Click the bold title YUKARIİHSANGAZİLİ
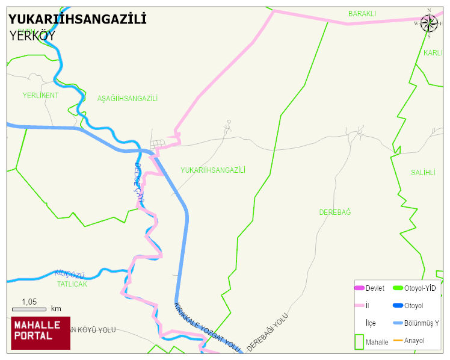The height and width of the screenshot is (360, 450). [x=78, y=20]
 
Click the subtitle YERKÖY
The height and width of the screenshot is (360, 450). [x=32, y=36]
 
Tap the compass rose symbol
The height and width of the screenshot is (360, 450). [x=429, y=23]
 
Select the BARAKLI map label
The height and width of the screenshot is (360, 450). [x=362, y=13]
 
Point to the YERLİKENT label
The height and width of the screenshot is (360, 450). [x=40, y=96]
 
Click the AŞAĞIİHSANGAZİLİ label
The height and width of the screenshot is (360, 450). [x=127, y=99]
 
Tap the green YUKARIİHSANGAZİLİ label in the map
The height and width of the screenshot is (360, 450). [x=213, y=170]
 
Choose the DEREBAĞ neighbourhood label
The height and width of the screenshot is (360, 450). [x=334, y=213]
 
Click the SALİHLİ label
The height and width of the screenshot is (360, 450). [x=423, y=173]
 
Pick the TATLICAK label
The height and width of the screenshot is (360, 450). [x=72, y=284]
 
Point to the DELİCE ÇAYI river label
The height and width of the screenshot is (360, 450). [x=138, y=181]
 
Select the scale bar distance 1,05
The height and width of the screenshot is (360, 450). [x=29, y=302]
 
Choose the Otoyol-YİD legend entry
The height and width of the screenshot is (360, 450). [x=420, y=288]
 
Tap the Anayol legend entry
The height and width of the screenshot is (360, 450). [x=414, y=341]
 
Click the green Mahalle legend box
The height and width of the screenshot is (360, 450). [x=359, y=341]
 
